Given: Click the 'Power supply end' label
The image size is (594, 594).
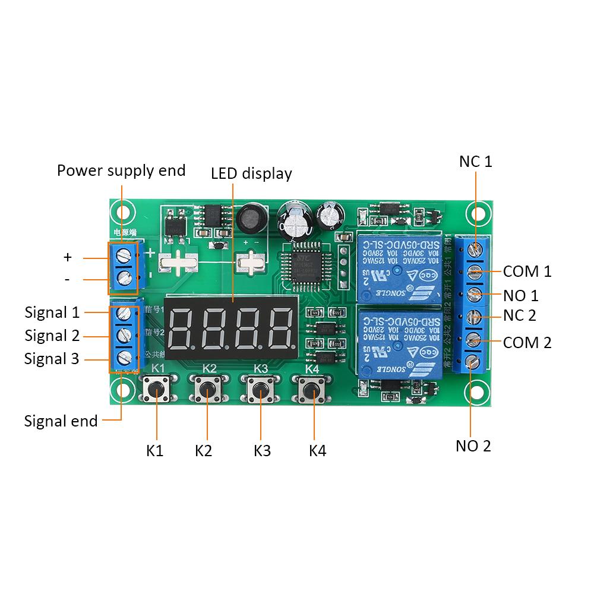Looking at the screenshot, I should coord(121,171).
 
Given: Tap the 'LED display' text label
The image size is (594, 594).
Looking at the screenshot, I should coord(251,173).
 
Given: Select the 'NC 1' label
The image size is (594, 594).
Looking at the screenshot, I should coord(476,161).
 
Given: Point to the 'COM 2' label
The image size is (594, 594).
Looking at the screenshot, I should coord(527,342).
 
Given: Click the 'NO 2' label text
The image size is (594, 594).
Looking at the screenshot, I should coord(473,446).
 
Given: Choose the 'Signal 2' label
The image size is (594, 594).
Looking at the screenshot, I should coord(52,336).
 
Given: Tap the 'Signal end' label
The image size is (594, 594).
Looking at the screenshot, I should coord(61,421).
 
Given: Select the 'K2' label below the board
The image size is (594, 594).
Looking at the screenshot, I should coord(203,451).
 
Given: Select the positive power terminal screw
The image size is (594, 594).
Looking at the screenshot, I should coord(124,256).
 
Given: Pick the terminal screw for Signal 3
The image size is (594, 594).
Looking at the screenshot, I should coord(124,358).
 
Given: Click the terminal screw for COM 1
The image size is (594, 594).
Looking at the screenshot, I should coord(474,272).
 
